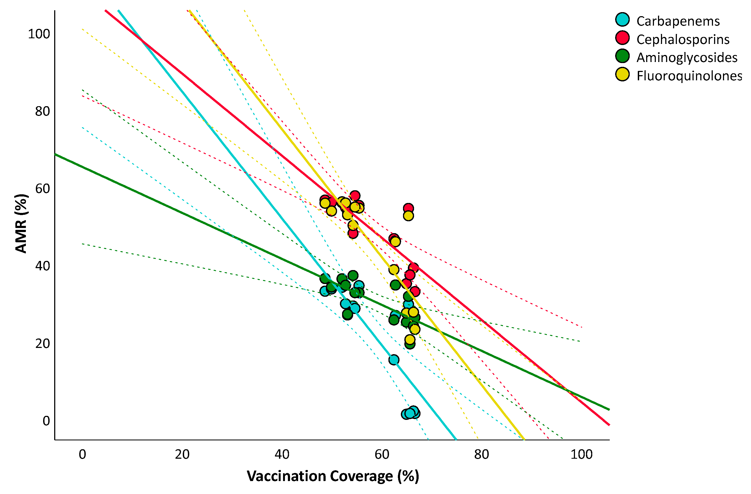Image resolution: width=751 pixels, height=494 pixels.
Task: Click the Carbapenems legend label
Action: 678,21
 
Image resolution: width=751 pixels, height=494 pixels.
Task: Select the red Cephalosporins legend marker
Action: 622,38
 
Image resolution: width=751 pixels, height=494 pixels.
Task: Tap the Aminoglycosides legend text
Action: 687,57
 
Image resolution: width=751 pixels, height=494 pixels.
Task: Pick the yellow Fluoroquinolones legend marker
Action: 622,74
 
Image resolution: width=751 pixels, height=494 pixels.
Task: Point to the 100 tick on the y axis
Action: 39,34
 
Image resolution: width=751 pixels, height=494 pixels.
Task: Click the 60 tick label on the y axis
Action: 42,189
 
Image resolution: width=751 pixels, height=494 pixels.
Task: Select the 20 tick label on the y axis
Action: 42,344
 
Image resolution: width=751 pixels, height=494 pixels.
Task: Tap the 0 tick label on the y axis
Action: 46,421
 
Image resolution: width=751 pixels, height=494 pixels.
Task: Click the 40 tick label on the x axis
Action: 282,455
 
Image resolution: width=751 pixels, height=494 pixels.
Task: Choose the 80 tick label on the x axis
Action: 481,455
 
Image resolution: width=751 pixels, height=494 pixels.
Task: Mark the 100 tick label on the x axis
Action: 581,455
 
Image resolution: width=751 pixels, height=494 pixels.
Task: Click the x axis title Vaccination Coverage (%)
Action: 333,476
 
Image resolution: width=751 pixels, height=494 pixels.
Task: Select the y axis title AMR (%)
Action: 22,223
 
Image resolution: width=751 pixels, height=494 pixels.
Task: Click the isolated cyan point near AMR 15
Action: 394,360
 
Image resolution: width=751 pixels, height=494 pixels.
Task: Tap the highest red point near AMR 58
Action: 355,196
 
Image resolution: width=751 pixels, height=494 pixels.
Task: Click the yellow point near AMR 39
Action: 394,270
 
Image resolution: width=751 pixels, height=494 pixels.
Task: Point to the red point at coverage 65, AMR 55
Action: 408,208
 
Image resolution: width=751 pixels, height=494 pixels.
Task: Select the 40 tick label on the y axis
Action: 42,266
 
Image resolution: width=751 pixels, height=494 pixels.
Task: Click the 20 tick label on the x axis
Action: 182,455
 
